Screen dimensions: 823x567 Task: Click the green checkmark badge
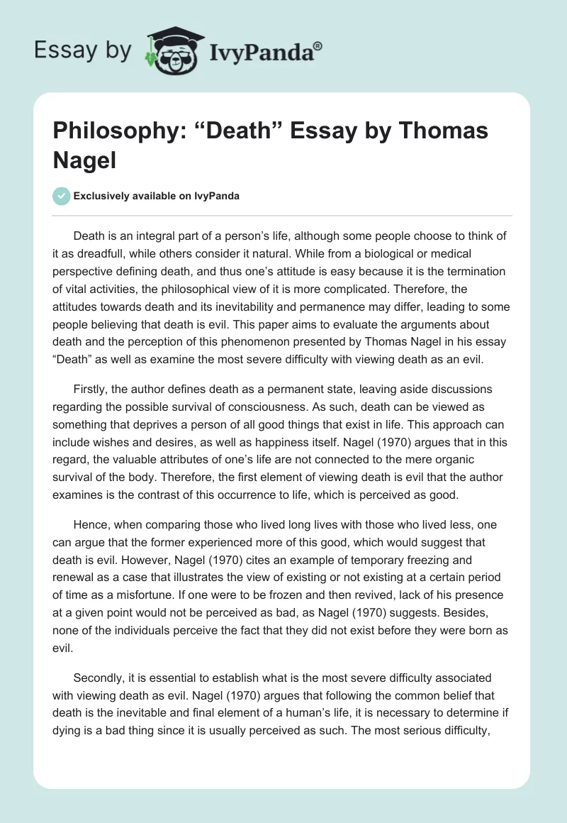click(x=62, y=196)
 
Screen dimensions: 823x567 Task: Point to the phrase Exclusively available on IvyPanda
click(x=158, y=196)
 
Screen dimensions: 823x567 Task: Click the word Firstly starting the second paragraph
click(x=90, y=390)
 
